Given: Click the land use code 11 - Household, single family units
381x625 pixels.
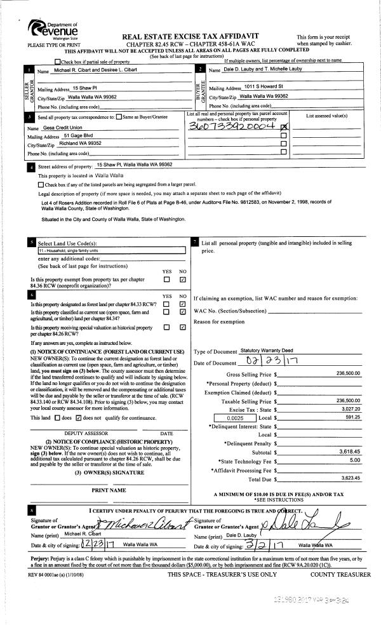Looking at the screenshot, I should click(x=70, y=250).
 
